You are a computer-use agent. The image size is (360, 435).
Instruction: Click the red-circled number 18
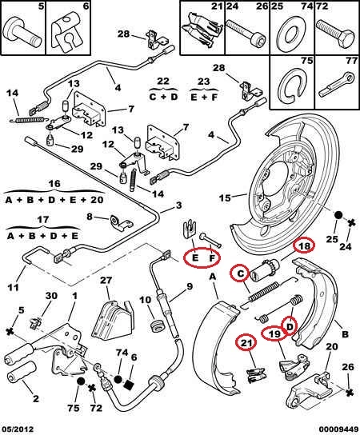pos(304,245)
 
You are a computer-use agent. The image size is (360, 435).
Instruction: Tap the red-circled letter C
pos(241,273)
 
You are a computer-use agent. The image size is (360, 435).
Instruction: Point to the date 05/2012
pos(18,429)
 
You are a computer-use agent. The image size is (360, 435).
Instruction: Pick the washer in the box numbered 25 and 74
pos(291,34)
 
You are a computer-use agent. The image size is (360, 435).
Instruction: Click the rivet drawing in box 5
pos(22,31)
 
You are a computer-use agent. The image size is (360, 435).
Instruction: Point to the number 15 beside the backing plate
pos(225,198)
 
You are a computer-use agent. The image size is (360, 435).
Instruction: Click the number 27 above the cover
pos(107,280)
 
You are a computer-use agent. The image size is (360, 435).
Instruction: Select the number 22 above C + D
pos(163,82)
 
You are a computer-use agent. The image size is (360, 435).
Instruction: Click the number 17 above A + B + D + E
pos(42,219)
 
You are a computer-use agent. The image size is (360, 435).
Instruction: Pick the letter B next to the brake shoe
pos(345,334)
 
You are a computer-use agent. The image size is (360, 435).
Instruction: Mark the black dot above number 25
pos(338,215)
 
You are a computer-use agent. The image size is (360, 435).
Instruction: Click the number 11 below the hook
pos(13,286)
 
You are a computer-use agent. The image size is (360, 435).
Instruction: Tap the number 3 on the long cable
pos(179,206)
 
